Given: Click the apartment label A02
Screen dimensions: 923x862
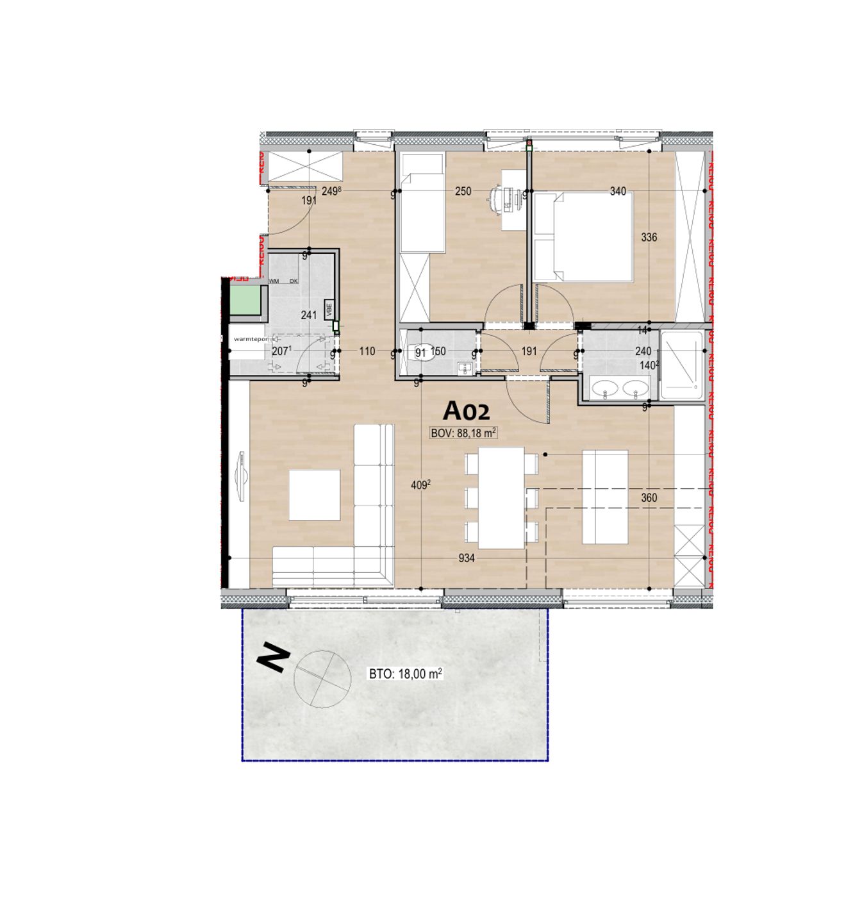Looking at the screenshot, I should [x=467, y=410].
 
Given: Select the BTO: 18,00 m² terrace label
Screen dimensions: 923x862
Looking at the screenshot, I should [x=405, y=674].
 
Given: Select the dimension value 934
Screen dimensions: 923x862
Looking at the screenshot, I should [x=467, y=558].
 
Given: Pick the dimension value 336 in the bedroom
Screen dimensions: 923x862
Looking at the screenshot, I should [x=649, y=237].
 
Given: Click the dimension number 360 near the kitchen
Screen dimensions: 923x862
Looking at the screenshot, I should [x=649, y=497].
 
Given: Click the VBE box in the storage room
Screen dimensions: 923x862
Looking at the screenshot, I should [x=329, y=309].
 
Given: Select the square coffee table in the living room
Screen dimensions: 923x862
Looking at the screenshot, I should [x=314, y=495].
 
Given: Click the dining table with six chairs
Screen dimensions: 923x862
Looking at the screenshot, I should [x=502, y=497].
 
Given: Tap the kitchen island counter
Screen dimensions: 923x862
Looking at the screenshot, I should [x=604, y=497].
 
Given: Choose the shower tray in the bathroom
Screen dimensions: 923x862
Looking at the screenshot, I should [x=681, y=365].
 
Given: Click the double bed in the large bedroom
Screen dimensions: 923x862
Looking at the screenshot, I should [x=583, y=237].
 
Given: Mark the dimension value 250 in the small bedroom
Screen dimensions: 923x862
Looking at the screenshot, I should [x=463, y=191].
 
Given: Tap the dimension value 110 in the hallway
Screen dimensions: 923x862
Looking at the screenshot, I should [x=367, y=351].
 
